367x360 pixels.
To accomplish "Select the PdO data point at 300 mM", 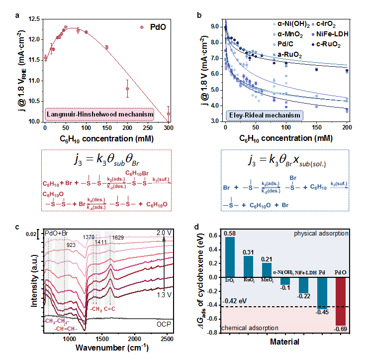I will [x=169, y=114].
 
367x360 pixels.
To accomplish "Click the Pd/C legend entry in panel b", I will [x=284, y=44].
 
